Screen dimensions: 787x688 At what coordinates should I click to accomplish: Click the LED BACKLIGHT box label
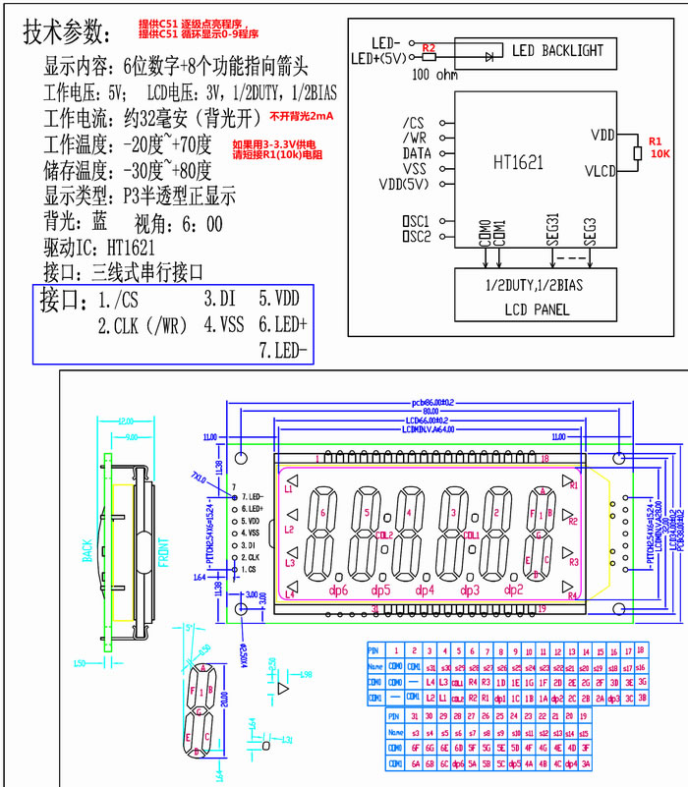point(557,50)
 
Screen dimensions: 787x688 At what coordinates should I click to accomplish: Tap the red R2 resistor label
point(428,47)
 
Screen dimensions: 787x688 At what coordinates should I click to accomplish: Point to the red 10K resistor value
point(659,154)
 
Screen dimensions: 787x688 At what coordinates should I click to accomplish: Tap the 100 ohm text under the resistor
point(434,74)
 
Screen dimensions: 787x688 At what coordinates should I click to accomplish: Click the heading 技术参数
point(64,32)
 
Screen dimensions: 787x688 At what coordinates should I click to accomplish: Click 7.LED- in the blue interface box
point(283,351)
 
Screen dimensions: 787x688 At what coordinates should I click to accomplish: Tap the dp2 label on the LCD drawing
point(512,590)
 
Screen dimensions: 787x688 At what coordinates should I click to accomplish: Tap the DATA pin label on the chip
point(416,153)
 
